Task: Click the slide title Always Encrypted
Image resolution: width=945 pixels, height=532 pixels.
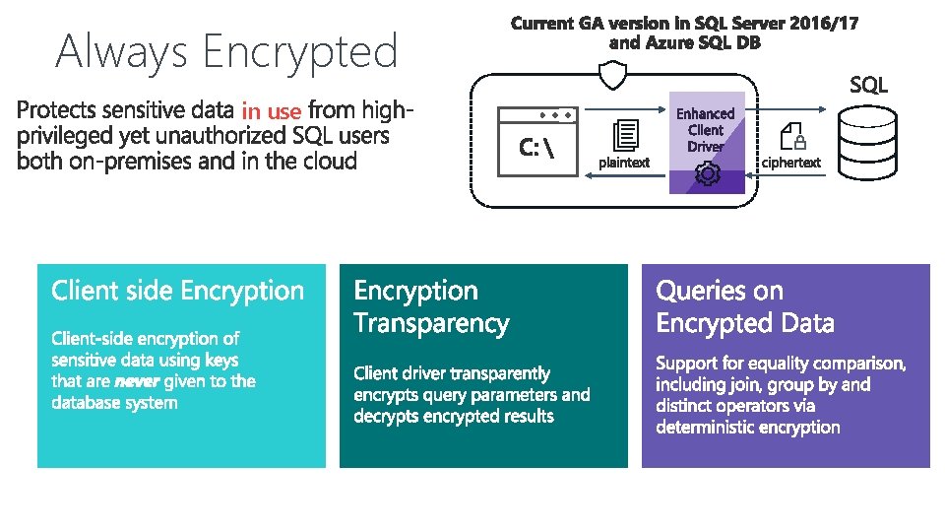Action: (x=226, y=51)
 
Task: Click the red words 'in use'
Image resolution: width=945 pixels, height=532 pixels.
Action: (x=271, y=111)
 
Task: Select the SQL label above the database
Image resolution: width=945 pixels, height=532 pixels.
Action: (x=868, y=86)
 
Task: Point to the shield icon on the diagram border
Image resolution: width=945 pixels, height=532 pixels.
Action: (x=613, y=75)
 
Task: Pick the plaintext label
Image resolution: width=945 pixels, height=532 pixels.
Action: (x=624, y=163)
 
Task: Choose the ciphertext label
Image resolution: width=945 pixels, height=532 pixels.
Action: (x=791, y=163)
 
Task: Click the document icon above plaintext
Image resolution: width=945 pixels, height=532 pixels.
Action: (x=625, y=134)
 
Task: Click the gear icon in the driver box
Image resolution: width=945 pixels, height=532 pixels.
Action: (x=707, y=174)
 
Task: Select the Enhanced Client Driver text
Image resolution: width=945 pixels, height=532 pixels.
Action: (x=706, y=130)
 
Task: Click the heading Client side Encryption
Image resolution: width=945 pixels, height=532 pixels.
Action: (x=178, y=291)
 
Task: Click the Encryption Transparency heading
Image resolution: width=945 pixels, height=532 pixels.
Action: (x=431, y=306)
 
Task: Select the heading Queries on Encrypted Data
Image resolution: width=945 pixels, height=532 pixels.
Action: (x=745, y=306)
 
